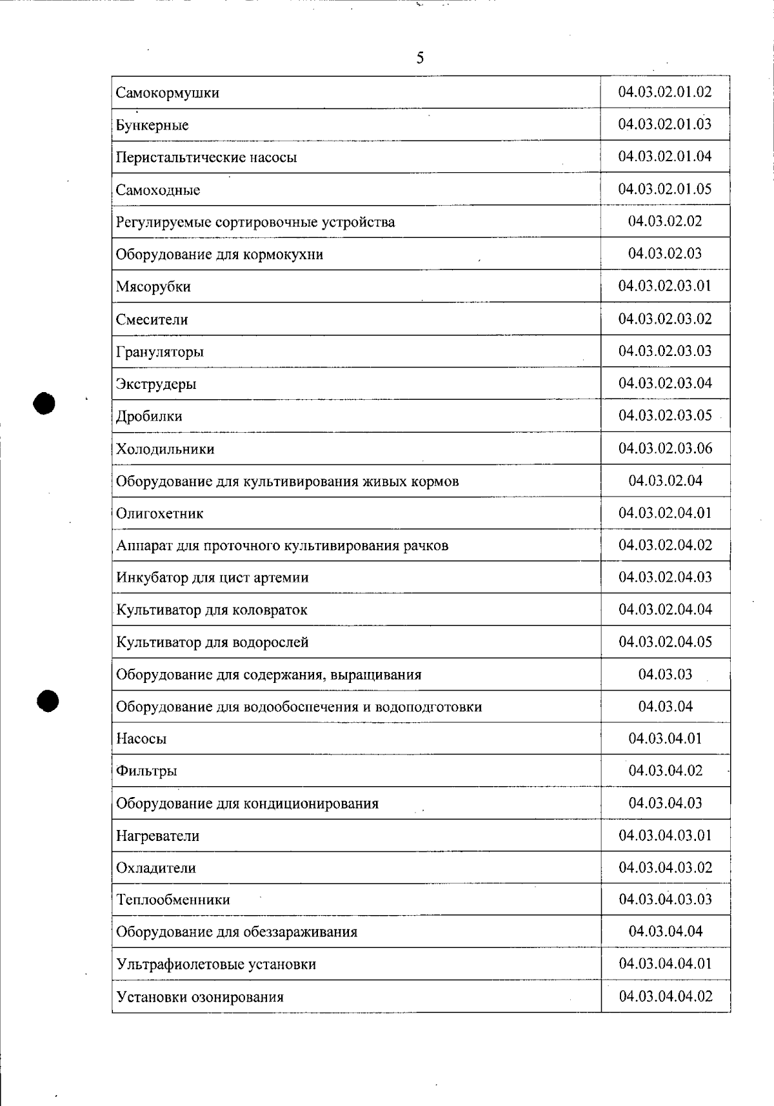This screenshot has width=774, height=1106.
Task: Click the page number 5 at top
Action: pos(420,59)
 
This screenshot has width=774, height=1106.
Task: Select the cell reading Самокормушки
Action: pos(168,93)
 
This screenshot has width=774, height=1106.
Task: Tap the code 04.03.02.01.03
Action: pos(664,124)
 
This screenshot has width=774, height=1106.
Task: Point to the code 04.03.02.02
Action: pos(664,221)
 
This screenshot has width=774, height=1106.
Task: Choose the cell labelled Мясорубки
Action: pos(154,287)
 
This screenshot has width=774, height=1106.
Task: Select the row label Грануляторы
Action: pos(160,352)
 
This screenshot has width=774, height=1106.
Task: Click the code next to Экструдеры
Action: pos(665,383)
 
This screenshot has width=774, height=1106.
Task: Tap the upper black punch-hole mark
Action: pos(45,403)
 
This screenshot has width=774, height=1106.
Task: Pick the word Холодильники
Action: pos(165,449)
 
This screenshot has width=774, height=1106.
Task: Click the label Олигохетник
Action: pos(160,514)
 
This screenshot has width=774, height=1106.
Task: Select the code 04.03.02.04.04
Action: pos(665,609)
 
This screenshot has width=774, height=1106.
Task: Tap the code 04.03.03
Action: pos(665,675)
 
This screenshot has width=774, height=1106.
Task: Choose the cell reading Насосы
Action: pos(141,739)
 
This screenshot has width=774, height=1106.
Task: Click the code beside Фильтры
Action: pos(665,771)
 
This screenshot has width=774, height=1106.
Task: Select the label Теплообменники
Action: pos(173,900)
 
